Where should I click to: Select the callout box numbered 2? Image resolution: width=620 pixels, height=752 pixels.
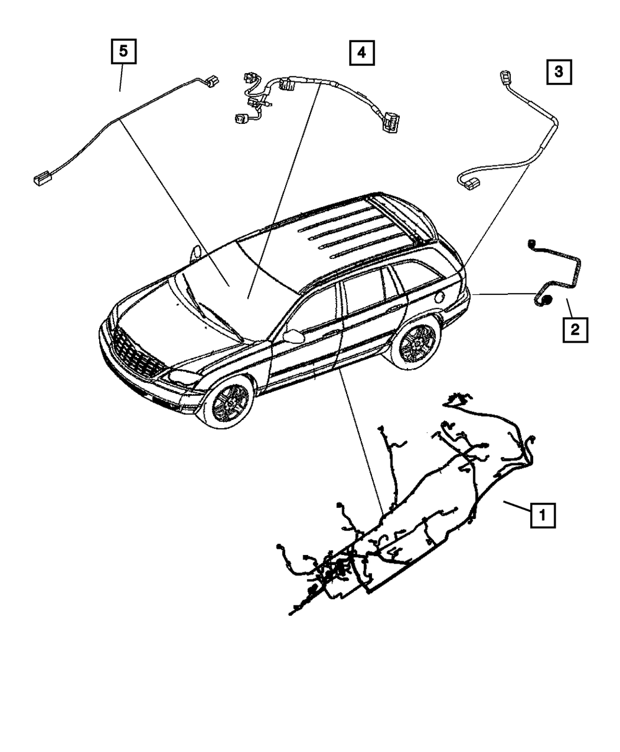point(575,330)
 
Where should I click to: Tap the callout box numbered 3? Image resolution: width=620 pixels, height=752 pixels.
point(559,72)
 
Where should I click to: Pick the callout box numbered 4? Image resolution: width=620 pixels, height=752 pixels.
point(361,53)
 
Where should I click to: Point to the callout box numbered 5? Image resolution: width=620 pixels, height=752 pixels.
point(123,52)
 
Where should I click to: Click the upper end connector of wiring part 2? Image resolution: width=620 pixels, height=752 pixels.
point(531,242)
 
